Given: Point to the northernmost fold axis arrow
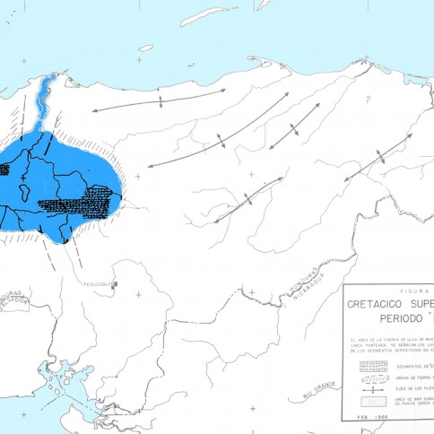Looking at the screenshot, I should [x=158, y=100].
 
